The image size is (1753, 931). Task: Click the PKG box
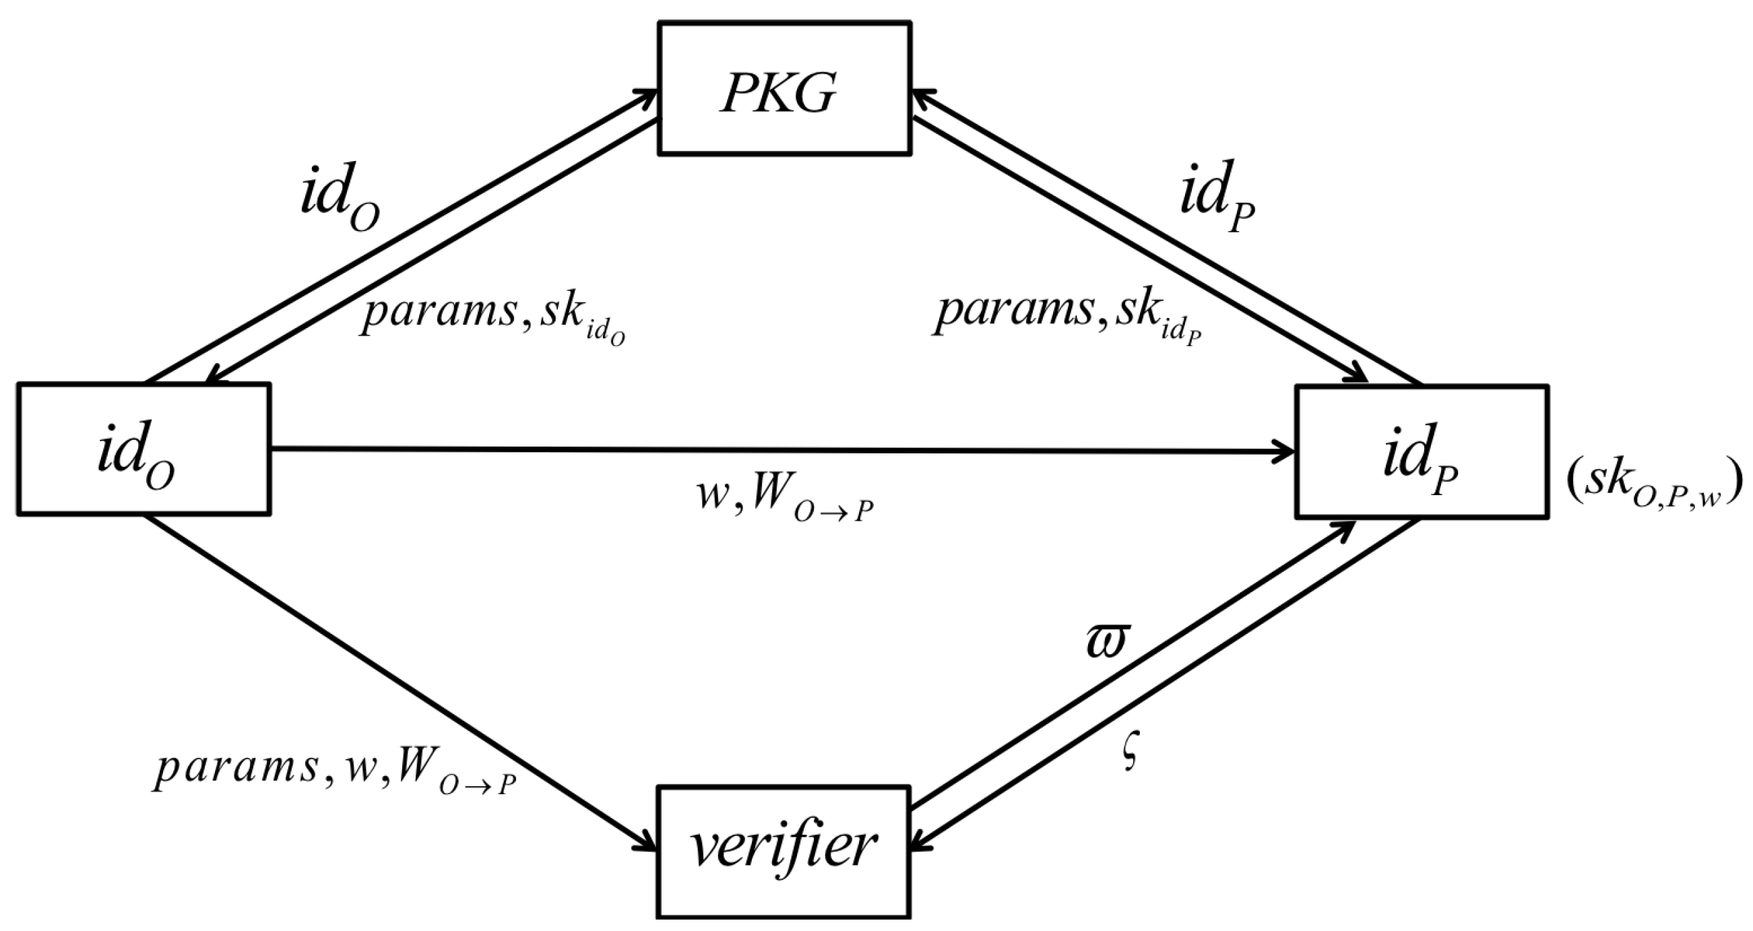coord(784,89)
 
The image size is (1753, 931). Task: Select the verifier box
coord(784,852)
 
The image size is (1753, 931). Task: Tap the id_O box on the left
coord(144,449)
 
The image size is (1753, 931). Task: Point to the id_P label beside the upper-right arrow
coord(1217,197)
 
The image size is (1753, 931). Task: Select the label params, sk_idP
coord(1067,316)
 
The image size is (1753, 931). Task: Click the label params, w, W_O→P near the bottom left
coord(333,773)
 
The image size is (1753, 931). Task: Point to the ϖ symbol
coord(1107,641)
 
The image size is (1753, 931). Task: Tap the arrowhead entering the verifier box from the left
coord(647,844)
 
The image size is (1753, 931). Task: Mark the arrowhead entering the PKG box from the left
coord(647,96)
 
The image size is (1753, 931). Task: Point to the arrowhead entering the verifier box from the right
coord(920,844)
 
